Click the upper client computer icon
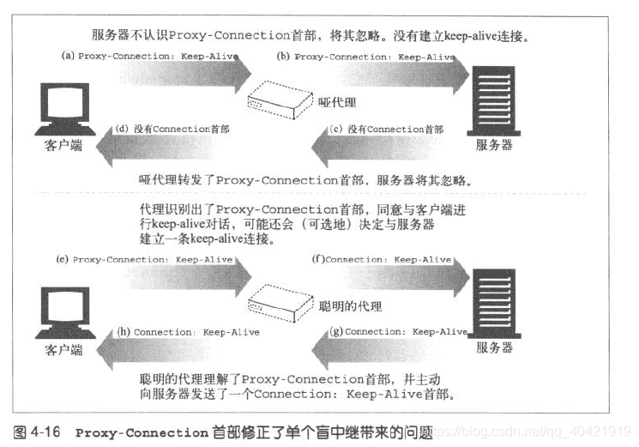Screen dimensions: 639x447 [63, 103]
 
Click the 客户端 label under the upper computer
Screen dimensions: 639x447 [63, 145]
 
